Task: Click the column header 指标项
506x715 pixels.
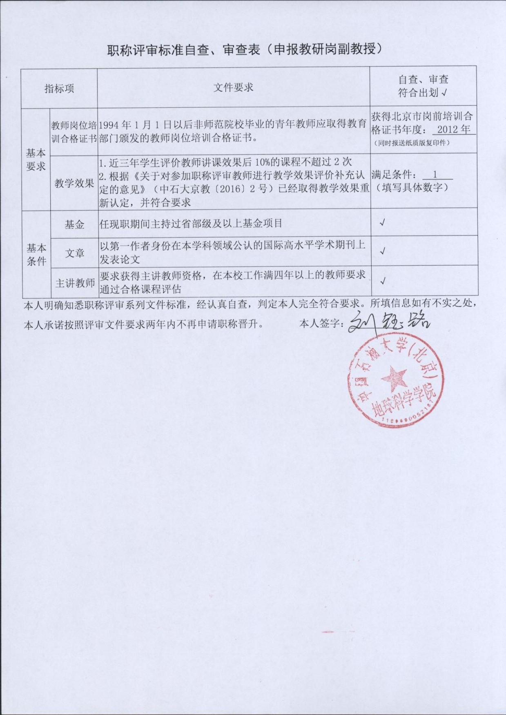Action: click(x=59, y=89)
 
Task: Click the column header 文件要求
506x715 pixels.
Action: click(x=233, y=87)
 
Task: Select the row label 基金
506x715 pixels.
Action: click(x=74, y=224)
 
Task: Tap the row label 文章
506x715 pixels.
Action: click(x=75, y=253)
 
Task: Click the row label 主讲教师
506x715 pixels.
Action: click(x=75, y=283)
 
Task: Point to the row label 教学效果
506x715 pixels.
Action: click(x=74, y=183)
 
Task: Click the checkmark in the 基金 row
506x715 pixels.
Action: click(x=383, y=223)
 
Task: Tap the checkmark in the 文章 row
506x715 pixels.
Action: click(x=383, y=251)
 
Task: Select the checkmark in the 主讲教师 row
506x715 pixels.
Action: click(x=383, y=281)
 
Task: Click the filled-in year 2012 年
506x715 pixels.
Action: click(x=453, y=130)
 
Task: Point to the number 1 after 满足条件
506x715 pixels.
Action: click(x=435, y=175)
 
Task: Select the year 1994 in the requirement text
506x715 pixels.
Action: click(x=109, y=125)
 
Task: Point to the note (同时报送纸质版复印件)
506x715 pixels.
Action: click(x=412, y=143)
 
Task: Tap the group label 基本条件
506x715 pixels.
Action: click(x=36, y=254)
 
